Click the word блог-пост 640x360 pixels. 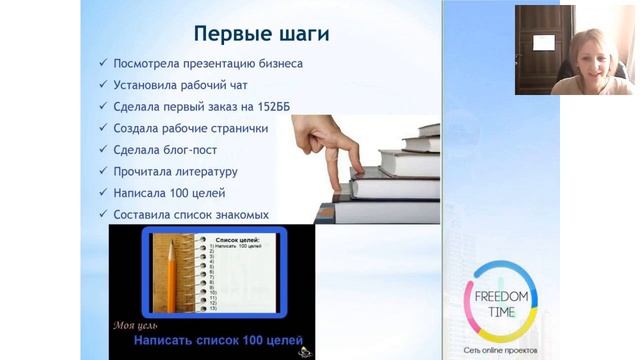pos(208,149)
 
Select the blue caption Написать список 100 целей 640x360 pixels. pos(218,341)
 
